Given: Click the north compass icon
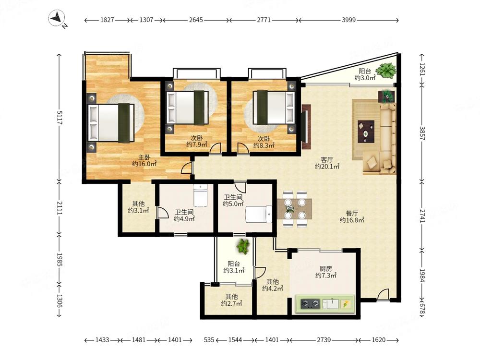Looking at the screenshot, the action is pos(57,18).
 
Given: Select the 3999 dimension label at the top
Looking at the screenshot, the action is pos(348,20).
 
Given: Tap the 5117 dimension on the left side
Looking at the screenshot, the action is pos(60,118).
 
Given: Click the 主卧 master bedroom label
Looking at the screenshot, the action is pos(144,157).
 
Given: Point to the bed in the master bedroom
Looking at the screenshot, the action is pos(111,123).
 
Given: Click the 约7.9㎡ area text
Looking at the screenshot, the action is pos(197,144).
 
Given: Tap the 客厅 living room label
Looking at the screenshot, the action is pos(327,159).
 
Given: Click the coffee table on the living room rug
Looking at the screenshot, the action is pos(366,132).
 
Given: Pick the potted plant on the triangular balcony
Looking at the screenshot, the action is pos(386,71).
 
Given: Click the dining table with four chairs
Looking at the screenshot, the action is pos(295,209).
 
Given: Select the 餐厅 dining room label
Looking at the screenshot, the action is pos(352,213).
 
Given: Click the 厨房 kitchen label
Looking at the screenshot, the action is pos(326,269).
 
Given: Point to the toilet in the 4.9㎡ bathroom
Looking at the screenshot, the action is pos(201,195).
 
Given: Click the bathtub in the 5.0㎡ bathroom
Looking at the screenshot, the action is pos(259,214).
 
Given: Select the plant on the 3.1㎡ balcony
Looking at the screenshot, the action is pos(243,246).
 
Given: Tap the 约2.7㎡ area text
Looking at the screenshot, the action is pos(231,303).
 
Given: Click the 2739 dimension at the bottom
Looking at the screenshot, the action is pos(324,340).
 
